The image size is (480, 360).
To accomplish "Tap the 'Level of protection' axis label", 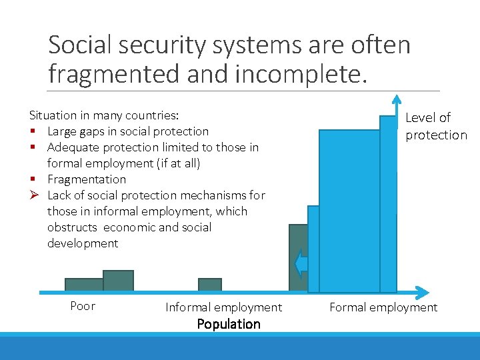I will click(x=436, y=126).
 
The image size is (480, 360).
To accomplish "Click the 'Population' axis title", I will click(x=229, y=325).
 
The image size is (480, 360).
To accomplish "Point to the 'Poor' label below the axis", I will click(x=83, y=306).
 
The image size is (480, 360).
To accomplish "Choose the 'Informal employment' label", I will click(x=223, y=307).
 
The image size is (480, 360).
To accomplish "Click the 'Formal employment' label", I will click(x=383, y=307).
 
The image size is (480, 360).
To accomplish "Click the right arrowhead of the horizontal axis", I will click(x=421, y=292).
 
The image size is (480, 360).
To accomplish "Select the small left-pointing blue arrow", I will click(x=301, y=263).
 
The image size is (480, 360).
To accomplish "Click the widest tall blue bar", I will click(x=349, y=210).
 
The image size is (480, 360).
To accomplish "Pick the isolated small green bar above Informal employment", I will click(x=210, y=285).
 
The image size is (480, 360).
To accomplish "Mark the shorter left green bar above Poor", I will click(x=83, y=285).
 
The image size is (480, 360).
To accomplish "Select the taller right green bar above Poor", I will click(x=119, y=281).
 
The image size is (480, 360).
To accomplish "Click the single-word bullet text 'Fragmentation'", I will click(x=86, y=179).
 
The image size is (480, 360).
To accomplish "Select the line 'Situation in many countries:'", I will click(x=104, y=115).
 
